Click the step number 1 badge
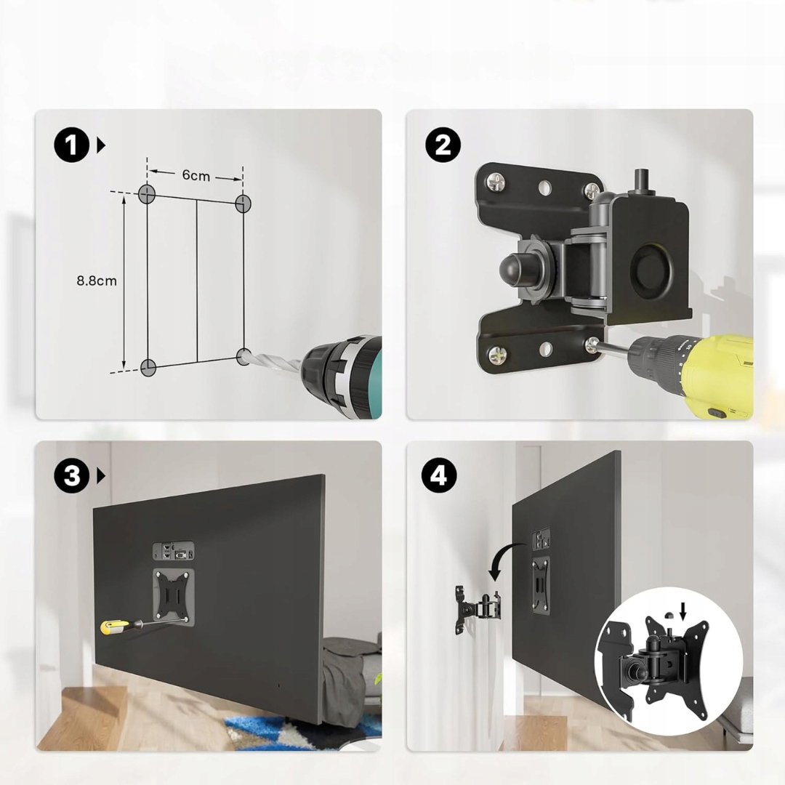tap(72, 145)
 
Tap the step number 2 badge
tap(443, 145)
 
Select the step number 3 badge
tap(72, 475)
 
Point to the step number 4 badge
tap(438, 475)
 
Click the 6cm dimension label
tap(196, 175)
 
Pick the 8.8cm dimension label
tap(97, 281)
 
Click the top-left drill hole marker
tap(147, 193)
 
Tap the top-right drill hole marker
tap(243, 203)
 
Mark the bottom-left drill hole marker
tap(148, 368)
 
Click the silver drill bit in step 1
tap(276, 364)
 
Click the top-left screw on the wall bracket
tap(497, 182)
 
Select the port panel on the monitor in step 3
tap(174, 551)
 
